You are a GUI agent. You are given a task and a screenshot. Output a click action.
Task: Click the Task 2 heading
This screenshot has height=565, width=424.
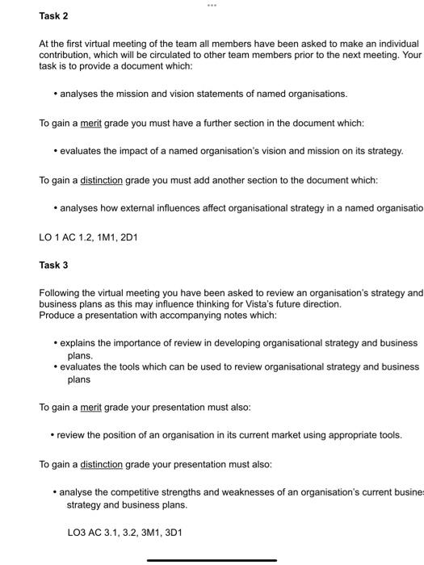click(53, 16)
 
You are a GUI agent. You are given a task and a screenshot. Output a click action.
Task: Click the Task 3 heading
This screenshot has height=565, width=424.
click(53, 265)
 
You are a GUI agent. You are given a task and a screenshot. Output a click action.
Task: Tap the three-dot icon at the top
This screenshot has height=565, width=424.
click(212, 4)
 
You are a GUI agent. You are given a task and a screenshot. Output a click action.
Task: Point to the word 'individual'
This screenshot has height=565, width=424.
click(394, 43)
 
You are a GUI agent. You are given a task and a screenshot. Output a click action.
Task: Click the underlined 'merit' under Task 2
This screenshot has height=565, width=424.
click(90, 123)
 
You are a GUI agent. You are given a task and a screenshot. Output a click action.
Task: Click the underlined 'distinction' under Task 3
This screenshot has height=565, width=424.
click(101, 464)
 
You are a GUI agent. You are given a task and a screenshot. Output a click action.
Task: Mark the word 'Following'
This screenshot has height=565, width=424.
click(61, 292)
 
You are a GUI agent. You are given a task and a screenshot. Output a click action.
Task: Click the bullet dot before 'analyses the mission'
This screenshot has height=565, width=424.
click(55, 94)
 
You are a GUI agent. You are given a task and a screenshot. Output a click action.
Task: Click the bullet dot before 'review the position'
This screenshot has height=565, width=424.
click(52, 436)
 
